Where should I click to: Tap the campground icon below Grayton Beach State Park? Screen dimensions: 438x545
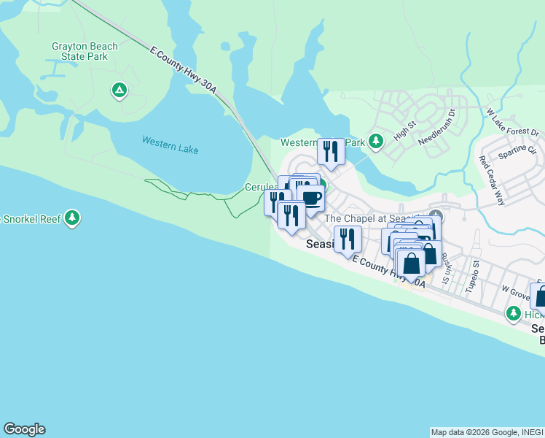pos(119,91)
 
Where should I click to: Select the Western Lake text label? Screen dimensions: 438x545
pos(170,145)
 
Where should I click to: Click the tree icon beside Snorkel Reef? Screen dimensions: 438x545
pos(71,218)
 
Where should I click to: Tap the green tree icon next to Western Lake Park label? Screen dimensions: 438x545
pos(375,140)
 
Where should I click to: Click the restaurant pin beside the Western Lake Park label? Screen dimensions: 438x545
pos(331,151)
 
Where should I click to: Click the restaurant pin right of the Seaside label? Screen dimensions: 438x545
pos(348,238)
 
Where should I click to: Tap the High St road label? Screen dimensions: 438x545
pos(404,128)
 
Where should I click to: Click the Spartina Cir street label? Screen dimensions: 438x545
pos(517,151)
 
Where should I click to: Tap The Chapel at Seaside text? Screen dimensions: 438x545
pos(372,218)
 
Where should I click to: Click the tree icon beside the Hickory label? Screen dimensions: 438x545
pos(514,313)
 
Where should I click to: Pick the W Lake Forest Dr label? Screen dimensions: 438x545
pos(512,123)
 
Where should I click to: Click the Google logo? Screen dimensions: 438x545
pos(24,429)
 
